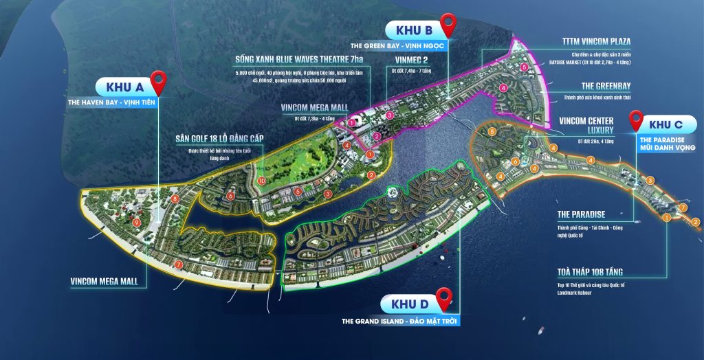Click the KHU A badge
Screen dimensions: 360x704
[x=124, y=87]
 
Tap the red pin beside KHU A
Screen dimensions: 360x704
[x=160, y=82]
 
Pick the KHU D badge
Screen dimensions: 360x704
[x=410, y=304]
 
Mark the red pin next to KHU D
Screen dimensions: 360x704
[x=445, y=298]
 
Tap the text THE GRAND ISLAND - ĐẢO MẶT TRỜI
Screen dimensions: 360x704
[x=400, y=321]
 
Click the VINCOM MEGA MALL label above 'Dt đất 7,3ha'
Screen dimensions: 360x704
[x=315, y=107]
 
